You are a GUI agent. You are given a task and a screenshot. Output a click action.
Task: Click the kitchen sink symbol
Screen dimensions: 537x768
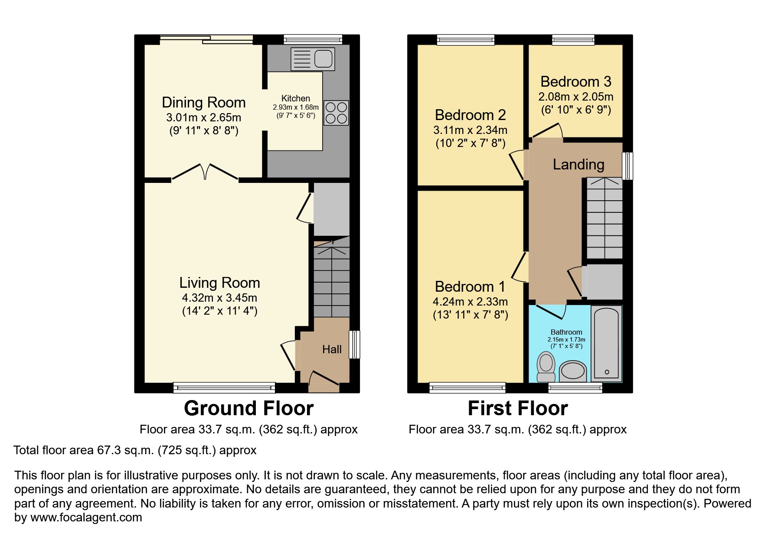click(313, 59)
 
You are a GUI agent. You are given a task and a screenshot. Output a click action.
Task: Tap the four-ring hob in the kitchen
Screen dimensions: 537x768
click(336, 113)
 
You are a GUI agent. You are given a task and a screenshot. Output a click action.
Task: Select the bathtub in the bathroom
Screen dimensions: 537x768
click(606, 344)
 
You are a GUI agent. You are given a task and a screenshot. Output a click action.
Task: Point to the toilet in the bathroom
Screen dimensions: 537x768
click(546, 366)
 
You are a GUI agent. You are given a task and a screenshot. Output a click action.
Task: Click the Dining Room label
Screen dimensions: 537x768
click(203, 103)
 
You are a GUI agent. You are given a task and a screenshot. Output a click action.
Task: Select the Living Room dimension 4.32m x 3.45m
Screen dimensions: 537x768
click(219, 298)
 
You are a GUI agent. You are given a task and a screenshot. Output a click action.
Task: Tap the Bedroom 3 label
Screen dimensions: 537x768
click(575, 81)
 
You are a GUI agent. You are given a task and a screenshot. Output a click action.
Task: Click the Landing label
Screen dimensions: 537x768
click(578, 164)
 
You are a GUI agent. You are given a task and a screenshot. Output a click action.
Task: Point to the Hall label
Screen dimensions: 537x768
click(332, 349)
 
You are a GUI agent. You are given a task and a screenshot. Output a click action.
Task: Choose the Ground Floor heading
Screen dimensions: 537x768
click(248, 408)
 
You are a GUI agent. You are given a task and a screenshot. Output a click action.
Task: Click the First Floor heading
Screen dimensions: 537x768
click(517, 408)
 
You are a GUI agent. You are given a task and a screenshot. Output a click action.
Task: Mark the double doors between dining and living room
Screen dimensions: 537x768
click(205, 172)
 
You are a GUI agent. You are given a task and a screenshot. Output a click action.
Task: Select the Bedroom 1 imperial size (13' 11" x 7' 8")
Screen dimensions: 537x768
click(471, 315)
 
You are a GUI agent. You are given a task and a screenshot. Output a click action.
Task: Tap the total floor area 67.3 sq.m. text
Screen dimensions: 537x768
click(135, 450)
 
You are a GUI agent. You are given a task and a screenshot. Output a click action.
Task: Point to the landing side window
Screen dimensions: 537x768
click(627, 166)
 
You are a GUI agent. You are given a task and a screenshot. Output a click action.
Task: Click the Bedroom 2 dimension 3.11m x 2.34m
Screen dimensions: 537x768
click(470, 130)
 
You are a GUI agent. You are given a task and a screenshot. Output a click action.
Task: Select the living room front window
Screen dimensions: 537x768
click(224, 387)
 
